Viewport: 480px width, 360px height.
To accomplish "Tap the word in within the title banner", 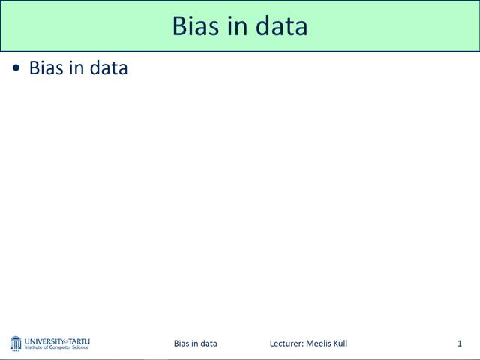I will point(237,26).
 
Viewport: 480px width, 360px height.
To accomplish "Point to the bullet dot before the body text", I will point(16,68).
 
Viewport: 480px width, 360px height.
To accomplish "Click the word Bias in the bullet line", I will point(46,67).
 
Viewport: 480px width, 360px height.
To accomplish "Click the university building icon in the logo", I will point(16,343).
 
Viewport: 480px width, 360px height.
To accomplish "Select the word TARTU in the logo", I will point(79,340).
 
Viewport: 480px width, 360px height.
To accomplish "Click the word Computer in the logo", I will point(61,347).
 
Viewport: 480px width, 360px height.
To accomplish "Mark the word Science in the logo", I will point(81,347).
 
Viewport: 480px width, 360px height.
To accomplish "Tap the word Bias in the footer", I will point(181,343).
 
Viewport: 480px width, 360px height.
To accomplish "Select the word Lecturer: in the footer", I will point(287,343).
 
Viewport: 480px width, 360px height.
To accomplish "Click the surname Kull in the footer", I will point(340,343).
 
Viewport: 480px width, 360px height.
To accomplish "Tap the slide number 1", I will point(460,343).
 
